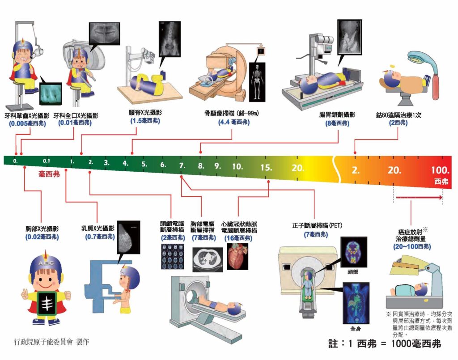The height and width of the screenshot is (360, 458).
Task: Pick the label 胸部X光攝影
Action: pyautogui.click(x=42, y=229)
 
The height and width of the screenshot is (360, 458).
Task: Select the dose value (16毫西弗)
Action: pyautogui.click(x=239, y=238)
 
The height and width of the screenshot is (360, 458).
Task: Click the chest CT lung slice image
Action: pyautogui.click(x=207, y=259)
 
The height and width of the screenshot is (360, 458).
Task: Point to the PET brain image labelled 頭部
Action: pyautogui.click(x=353, y=252)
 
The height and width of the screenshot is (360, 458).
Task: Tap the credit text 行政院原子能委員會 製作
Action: pyautogui.click(x=51, y=342)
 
